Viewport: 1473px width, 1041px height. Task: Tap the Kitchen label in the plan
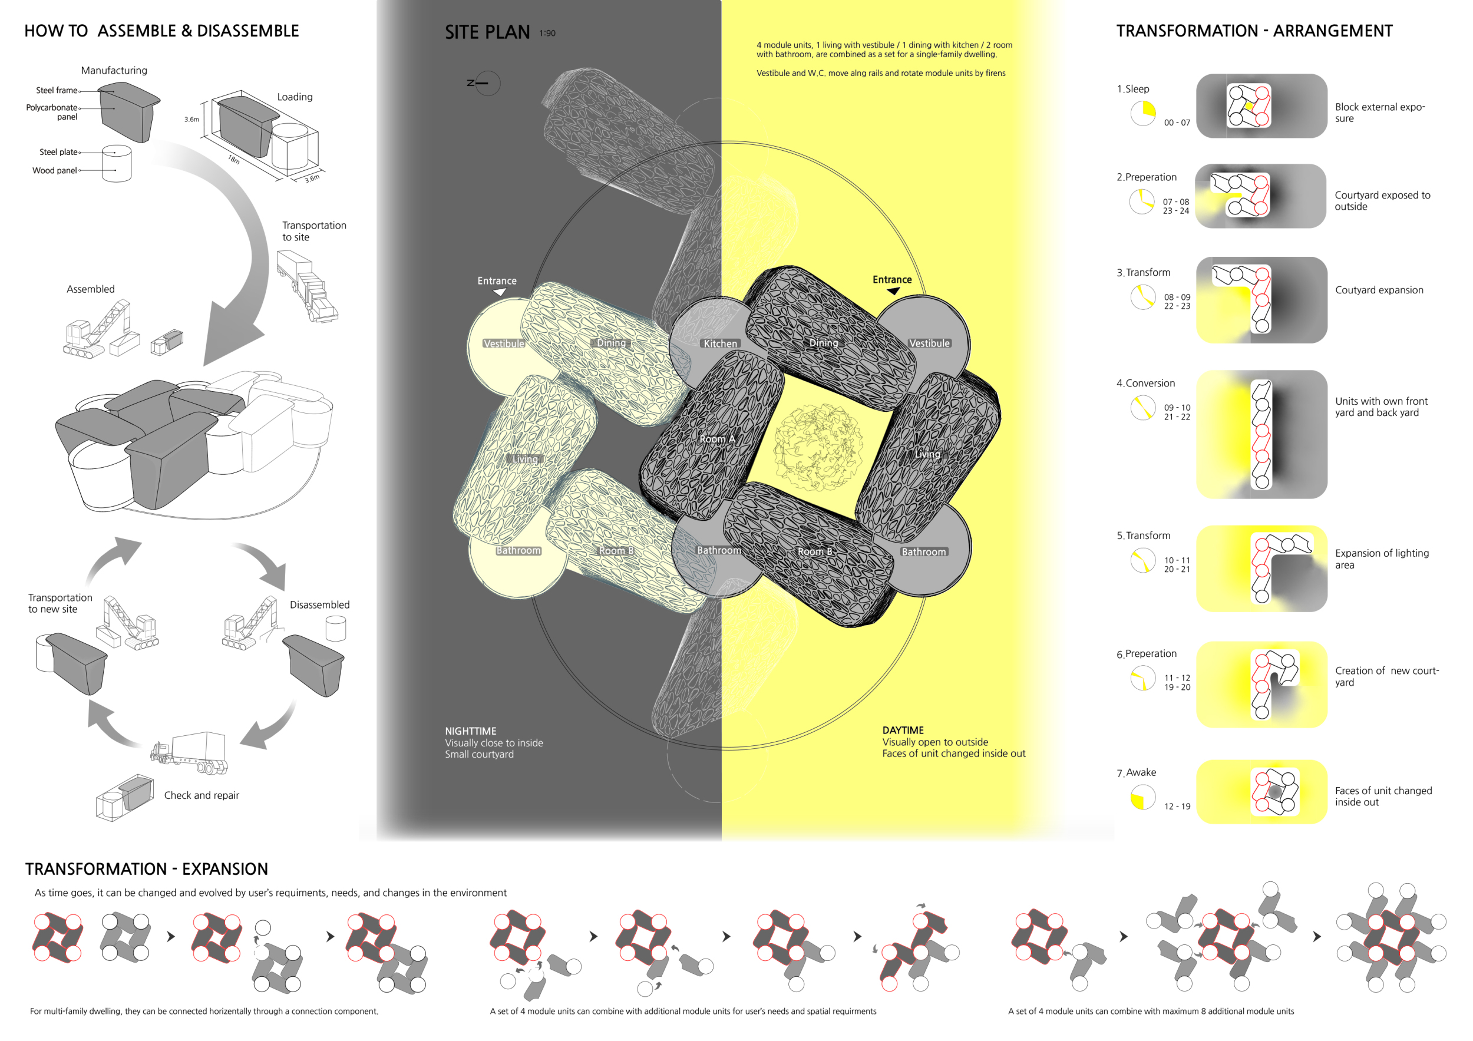coord(721,344)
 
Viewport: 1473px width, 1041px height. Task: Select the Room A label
coord(716,439)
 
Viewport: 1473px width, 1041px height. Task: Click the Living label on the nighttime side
coord(525,460)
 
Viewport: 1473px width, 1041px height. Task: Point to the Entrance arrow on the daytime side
coord(893,291)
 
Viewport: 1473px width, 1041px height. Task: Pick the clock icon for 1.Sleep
coord(1142,113)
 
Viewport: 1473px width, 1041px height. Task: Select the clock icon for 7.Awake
coord(1142,797)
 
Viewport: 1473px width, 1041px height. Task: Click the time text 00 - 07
coord(1177,123)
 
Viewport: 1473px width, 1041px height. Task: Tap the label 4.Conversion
coord(1145,383)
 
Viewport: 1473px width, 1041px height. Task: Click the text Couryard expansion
coord(1379,290)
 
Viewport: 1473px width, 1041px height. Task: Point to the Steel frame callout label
coord(57,91)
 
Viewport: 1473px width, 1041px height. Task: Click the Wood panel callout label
coord(55,171)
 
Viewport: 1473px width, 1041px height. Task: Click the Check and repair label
coord(202,795)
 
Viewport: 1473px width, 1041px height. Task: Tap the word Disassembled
coord(319,605)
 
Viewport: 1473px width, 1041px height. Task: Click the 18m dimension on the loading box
coord(233,158)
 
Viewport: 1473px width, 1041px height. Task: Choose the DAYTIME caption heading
coord(903,731)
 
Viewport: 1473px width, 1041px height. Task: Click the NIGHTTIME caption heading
coord(470,731)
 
